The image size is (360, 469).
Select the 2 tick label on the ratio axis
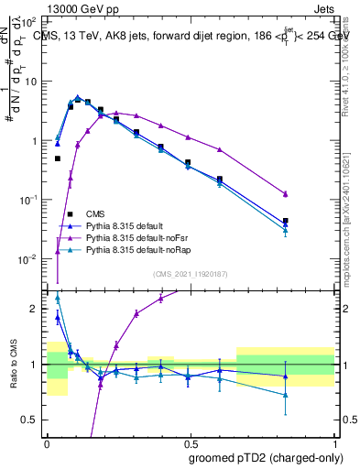tap(34, 309)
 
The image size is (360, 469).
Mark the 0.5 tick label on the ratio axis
tap(30, 420)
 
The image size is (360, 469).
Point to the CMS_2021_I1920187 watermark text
tap(191, 274)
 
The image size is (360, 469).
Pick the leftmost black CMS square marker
tap(58, 158)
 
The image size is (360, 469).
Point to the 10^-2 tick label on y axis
tap(28, 259)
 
